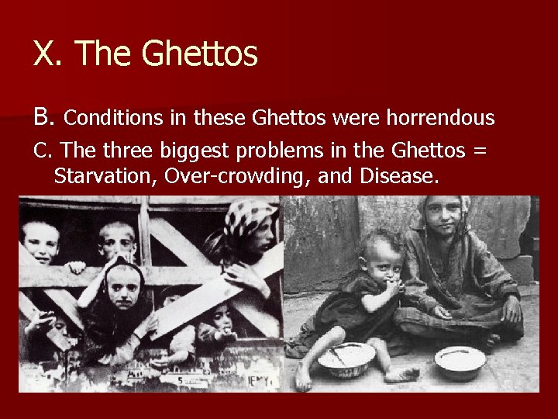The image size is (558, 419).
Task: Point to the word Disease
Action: [x=398, y=177]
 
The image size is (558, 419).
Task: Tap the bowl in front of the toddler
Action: [x=346, y=358]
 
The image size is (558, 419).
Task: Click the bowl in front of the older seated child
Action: [x=460, y=358]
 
